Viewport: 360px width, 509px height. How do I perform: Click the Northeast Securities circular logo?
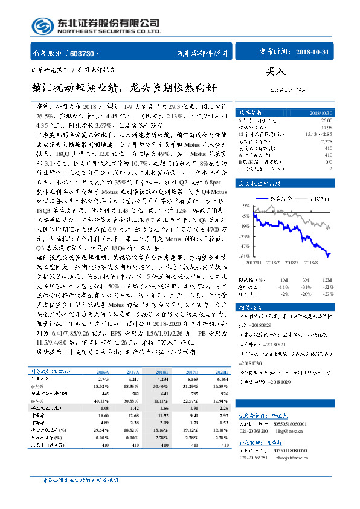click(x=42, y=26)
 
